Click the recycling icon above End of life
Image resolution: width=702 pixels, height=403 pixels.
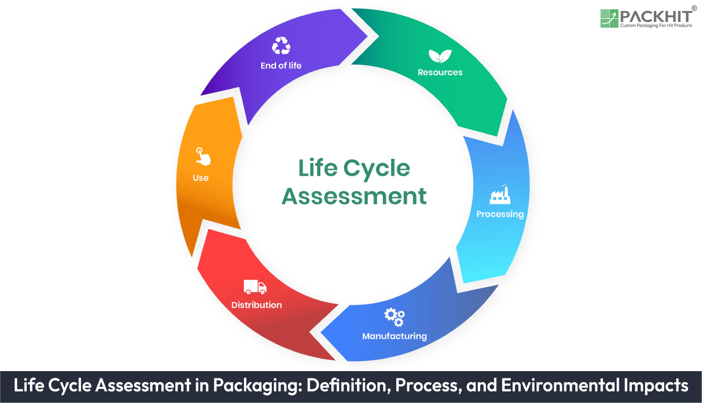click(281, 46)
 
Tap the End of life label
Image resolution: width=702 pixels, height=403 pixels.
click(281, 66)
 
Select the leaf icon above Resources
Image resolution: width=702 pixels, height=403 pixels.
click(440, 56)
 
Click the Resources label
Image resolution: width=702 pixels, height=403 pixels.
click(440, 73)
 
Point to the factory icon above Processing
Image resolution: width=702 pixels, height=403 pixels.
click(499, 195)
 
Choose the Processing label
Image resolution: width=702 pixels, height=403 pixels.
click(499, 214)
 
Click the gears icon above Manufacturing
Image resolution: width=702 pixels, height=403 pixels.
click(394, 317)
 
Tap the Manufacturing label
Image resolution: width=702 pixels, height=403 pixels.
click(394, 336)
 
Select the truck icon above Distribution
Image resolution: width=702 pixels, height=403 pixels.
click(255, 286)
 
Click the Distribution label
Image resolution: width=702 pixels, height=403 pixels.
click(257, 305)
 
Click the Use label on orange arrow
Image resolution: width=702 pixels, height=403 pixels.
click(200, 178)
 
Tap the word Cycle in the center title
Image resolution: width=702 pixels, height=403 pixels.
click(377, 169)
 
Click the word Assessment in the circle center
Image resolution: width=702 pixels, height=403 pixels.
click(354, 197)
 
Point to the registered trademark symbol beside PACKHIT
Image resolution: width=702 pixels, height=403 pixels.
click(694, 8)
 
